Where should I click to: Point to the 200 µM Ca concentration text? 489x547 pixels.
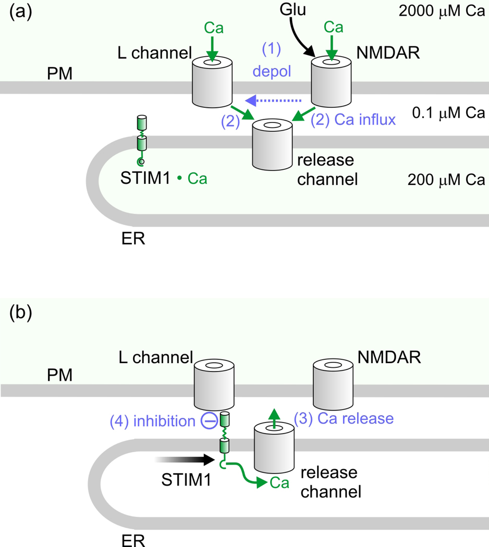(x=447, y=180)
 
